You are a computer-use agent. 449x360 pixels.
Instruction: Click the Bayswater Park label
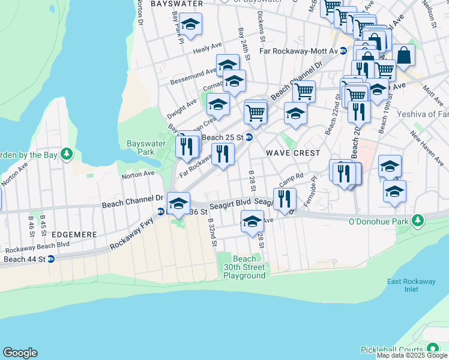click(x=141, y=148)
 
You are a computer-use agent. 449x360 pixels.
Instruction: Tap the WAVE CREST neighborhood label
click(x=291, y=153)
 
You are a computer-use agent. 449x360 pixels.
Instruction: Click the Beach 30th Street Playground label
click(x=244, y=267)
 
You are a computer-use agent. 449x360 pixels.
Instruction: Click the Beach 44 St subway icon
click(x=51, y=259)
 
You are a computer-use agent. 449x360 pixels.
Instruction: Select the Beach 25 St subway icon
click(x=249, y=137)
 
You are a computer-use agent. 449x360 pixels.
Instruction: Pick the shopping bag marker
click(x=404, y=55)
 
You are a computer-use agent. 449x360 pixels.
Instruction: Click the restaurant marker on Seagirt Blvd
click(x=285, y=199)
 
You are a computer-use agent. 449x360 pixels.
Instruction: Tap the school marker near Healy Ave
click(x=190, y=25)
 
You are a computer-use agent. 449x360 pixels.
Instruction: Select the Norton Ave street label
click(x=138, y=174)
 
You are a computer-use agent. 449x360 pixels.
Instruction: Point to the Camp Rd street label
click(x=291, y=179)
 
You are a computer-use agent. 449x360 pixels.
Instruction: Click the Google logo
click(x=20, y=353)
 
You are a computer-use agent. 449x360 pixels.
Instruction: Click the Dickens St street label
click(x=261, y=22)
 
